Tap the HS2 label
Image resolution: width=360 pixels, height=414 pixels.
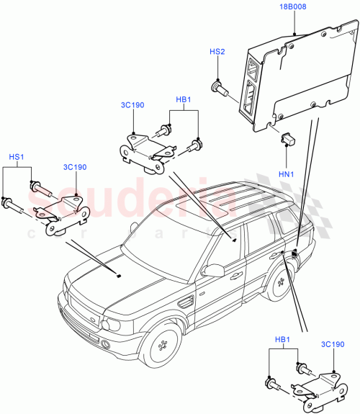point(217,53)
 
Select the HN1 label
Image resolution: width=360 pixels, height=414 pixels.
point(287,174)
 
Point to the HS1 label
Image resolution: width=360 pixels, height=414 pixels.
point(17,156)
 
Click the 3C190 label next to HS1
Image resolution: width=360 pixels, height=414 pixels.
point(75,167)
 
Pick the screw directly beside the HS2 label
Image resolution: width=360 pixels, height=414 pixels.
point(219,89)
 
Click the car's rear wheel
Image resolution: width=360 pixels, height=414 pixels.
point(277,282)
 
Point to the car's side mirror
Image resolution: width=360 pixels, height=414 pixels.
point(213,270)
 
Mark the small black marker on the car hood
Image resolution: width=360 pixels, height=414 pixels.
point(117,274)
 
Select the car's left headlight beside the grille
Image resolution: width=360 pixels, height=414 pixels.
point(109,325)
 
